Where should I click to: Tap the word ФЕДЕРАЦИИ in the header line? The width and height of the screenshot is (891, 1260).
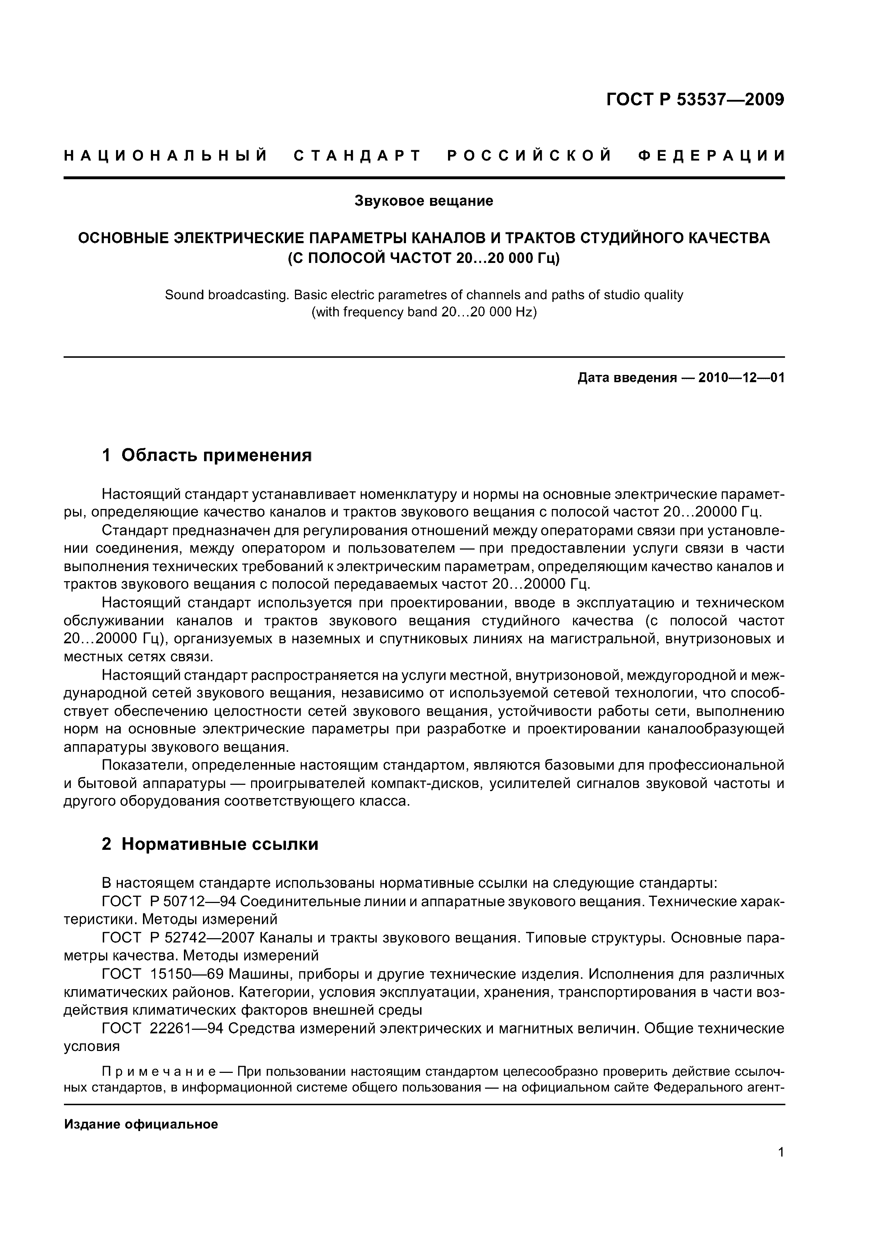coord(711,156)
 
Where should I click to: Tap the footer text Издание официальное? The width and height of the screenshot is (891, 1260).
coord(141,1124)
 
